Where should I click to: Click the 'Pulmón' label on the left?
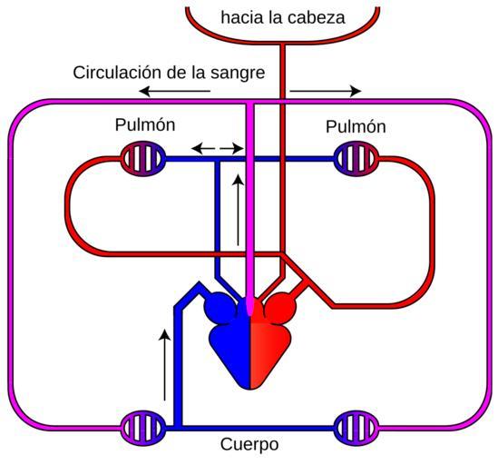coord(145,124)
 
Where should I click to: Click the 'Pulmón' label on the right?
coord(356,126)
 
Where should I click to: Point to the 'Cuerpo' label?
coord(249,444)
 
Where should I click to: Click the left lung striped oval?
coord(143,159)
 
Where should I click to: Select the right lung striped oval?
coord(356,159)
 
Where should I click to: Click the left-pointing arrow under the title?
coord(175,92)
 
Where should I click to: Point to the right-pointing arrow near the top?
coord(326,92)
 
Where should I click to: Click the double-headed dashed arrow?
coord(218,148)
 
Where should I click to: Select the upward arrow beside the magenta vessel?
coord(239,210)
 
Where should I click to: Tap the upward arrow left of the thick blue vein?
coord(164,364)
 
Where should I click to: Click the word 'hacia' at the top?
coord(241,17)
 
